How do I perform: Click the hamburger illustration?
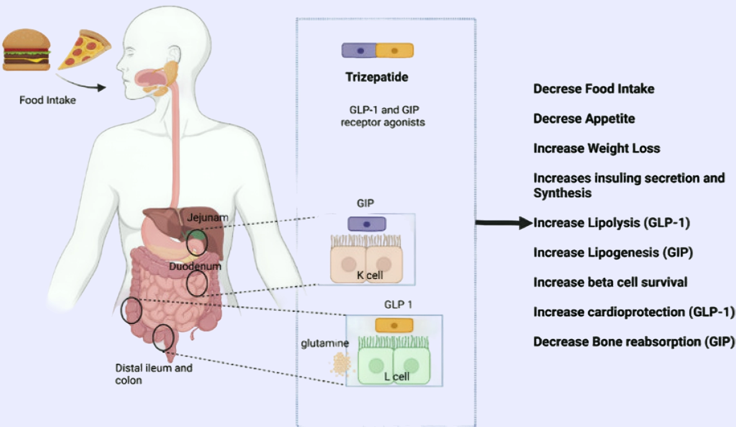[27, 50]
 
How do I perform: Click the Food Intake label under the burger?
[47, 100]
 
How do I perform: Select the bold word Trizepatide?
[377, 77]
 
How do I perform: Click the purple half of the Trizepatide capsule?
[359, 51]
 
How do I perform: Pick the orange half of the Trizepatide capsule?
[395, 51]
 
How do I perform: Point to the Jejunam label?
[207, 218]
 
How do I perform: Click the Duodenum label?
[195, 266]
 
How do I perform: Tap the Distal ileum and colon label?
[153, 374]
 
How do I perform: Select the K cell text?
[370, 275]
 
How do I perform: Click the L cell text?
[396, 377]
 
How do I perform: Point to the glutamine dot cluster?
[341, 364]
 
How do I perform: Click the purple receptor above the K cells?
[366, 224]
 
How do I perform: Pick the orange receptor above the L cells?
[394, 326]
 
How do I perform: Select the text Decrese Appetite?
[584, 119]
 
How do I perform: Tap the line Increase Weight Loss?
[597, 148]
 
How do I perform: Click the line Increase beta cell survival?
[610, 282]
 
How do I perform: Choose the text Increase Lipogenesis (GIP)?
[613, 252]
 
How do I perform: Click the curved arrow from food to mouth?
[80, 83]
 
